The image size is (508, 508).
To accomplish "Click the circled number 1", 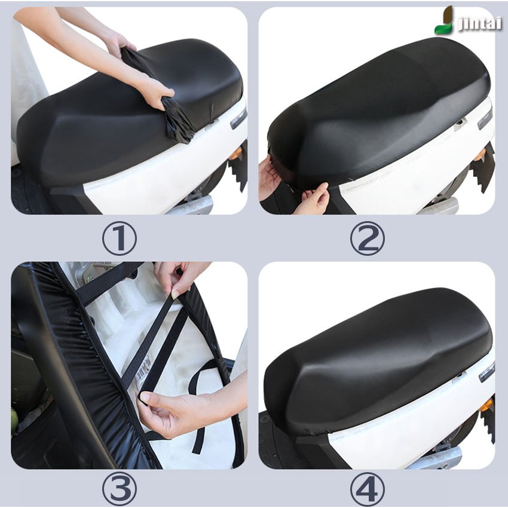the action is click(x=119, y=238).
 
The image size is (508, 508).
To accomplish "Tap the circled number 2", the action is click(x=367, y=238).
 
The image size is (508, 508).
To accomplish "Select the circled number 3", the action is click(x=119, y=488).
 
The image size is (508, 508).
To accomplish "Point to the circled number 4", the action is click(x=367, y=488).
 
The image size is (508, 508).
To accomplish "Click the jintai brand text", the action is click(x=480, y=23).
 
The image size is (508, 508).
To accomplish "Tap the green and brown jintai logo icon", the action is click(x=444, y=20).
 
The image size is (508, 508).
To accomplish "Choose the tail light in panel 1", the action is click(x=239, y=118).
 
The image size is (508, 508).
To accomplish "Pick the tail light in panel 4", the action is click(x=486, y=372).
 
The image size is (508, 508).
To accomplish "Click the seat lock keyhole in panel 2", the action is click(x=460, y=123).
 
